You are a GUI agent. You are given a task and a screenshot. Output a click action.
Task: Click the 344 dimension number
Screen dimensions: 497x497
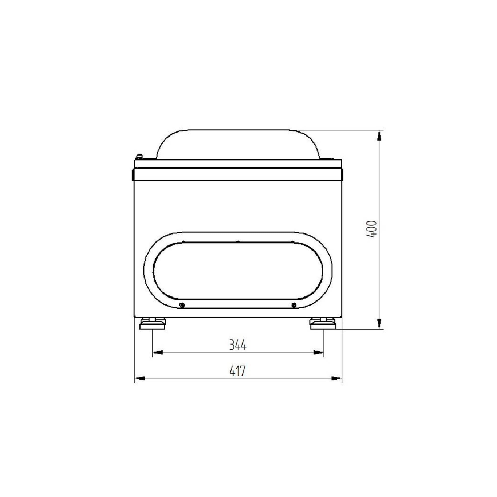coord(238,345)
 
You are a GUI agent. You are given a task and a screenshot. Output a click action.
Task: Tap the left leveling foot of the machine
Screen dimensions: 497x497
coord(152,324)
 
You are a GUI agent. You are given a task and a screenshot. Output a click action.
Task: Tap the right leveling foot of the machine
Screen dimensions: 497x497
coord(323,324)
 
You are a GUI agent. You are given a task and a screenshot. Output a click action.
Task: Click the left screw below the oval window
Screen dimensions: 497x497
coord(182,305)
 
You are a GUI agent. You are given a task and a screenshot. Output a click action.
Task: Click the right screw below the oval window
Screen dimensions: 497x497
coord(293,305)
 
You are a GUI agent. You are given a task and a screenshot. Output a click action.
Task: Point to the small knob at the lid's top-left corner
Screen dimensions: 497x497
coord(139,156)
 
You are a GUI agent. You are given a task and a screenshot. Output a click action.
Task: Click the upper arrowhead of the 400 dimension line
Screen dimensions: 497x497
coord(379,136)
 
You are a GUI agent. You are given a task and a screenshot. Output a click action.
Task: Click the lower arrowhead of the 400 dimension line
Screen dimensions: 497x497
coord(379,324)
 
